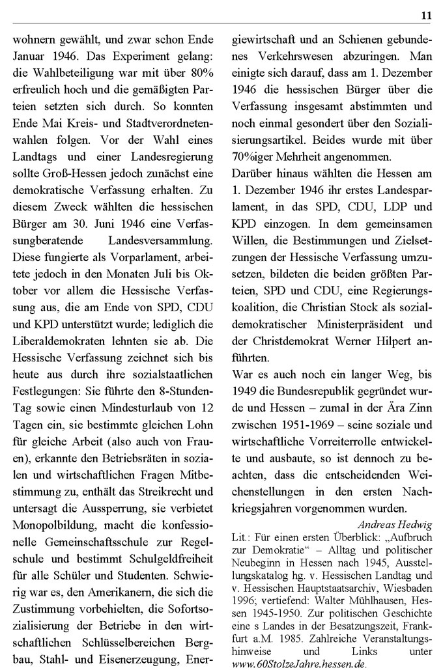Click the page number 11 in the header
[427, 15]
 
